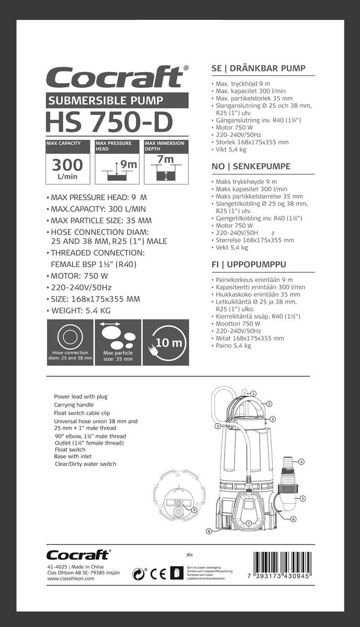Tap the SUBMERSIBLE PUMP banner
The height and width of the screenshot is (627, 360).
click(x=117, y=100)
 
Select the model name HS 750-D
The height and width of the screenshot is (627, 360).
click(x=109, y=122)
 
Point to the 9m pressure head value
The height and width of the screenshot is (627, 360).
click(x=128, y=165)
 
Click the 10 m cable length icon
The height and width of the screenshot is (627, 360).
click(x=166, y=343)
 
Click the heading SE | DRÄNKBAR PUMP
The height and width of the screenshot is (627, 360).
click(x=258, y=68)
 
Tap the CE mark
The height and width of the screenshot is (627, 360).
click(x=158, y=574)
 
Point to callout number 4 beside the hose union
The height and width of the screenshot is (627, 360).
click(x=302, y=462)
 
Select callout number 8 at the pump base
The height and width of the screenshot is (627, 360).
click(x=208, y=531)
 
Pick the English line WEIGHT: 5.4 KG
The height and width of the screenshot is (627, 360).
click(x=81, y=310)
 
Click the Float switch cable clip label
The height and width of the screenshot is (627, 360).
click(x=83, y=413)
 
